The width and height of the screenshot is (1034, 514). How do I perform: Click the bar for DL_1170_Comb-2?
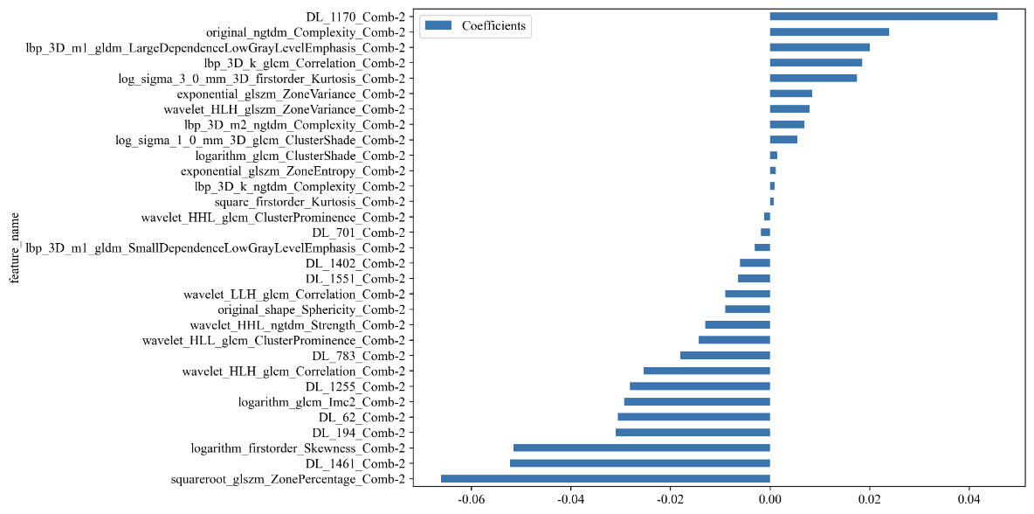click(883, 17)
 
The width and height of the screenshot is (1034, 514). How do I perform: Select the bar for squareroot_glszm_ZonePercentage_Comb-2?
click(605, 478)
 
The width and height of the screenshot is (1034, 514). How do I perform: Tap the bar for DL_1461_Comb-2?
click(639, 463)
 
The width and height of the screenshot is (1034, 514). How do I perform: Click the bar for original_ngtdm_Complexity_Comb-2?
click(829, 32)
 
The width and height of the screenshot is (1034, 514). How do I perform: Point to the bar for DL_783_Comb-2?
click(725, 356)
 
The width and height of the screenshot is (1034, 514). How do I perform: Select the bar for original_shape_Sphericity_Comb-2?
click(747, 309)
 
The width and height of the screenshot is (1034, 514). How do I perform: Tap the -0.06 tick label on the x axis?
click(471, 501)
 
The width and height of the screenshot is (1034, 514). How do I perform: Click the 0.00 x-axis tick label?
click(770, 501)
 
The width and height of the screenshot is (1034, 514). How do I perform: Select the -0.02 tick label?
click(670, 501)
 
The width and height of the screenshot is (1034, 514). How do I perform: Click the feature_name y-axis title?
click(12, 248)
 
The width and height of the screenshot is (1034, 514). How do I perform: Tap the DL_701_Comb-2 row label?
click(358, 233)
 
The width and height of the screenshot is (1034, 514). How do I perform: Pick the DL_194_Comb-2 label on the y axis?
click(358, 433)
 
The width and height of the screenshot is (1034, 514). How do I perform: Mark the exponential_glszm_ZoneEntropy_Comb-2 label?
click(293, 170)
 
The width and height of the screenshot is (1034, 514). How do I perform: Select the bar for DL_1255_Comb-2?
click(700, 386)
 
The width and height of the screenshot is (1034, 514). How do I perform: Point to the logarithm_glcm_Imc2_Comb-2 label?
click(321, 402)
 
